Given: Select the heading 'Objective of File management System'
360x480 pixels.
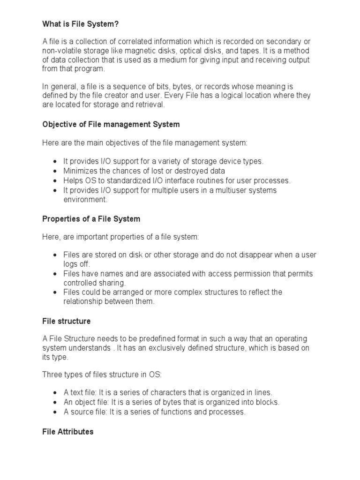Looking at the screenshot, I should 111,124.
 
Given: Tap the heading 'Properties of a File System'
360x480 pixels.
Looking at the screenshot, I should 91,219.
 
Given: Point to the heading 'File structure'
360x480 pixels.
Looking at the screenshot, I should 67,321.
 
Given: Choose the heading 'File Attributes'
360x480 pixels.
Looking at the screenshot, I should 68,431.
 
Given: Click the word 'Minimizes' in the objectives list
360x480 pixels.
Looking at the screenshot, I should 81,171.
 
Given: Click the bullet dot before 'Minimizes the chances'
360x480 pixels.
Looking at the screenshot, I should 55,171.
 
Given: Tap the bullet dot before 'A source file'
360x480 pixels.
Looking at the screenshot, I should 55,412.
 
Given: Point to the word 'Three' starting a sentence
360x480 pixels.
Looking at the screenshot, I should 52,375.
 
